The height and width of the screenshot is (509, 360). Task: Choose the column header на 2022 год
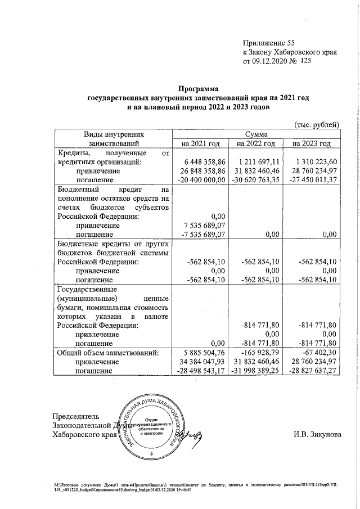pos(256,144)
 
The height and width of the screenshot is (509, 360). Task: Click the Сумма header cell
pos(256,134)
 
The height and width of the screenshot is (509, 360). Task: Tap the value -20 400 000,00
pos(200,179)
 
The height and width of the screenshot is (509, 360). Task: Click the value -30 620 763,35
pos(256,179)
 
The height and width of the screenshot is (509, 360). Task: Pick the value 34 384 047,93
pos(201,362)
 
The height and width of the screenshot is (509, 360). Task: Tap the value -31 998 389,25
pos(256,371)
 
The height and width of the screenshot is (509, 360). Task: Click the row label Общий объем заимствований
pos(106,353)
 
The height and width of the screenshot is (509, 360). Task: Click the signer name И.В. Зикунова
pos(317,434)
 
